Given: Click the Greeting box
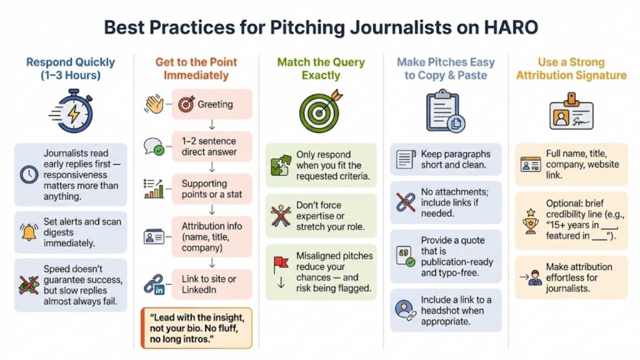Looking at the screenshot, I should pyautogui.click(x=212, y=104).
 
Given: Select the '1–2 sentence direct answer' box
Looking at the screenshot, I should pyautogui.click(x=212, y=146).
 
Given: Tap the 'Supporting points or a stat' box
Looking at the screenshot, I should pyautogui.click(x=212, y=189).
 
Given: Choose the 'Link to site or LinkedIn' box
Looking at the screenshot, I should pyautogui.click(x=212, y=285).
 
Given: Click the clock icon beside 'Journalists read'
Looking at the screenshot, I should pyautogui.click(x=29, y=175).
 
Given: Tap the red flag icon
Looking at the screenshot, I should pyautogui.click(x=279, y=266).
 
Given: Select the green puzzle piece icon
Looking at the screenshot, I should pyautogui.click(x=279, y=166).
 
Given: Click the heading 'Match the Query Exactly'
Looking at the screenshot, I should pyautogui.click(x=321, y=69).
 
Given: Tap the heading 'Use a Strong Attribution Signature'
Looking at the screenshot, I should pyautogui.click(x=571, y=69).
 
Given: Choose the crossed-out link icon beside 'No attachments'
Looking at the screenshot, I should pyautogui.click(x=405, y=201).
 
